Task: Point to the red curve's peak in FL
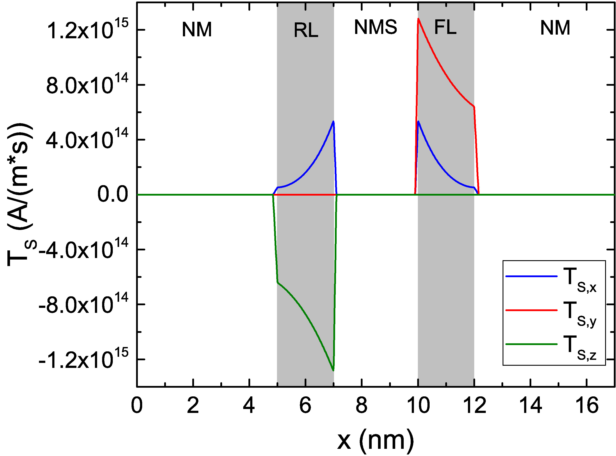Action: (x=419, y=19)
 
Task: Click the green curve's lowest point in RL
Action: (x=333, y=370)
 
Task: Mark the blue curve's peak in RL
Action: (x=333, y=121)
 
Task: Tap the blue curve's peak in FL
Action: (x=419, y=121)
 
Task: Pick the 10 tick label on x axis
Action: (x=418, y=406)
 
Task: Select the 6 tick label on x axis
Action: (x=305, y=406)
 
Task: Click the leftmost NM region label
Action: (x=197, y=30)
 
